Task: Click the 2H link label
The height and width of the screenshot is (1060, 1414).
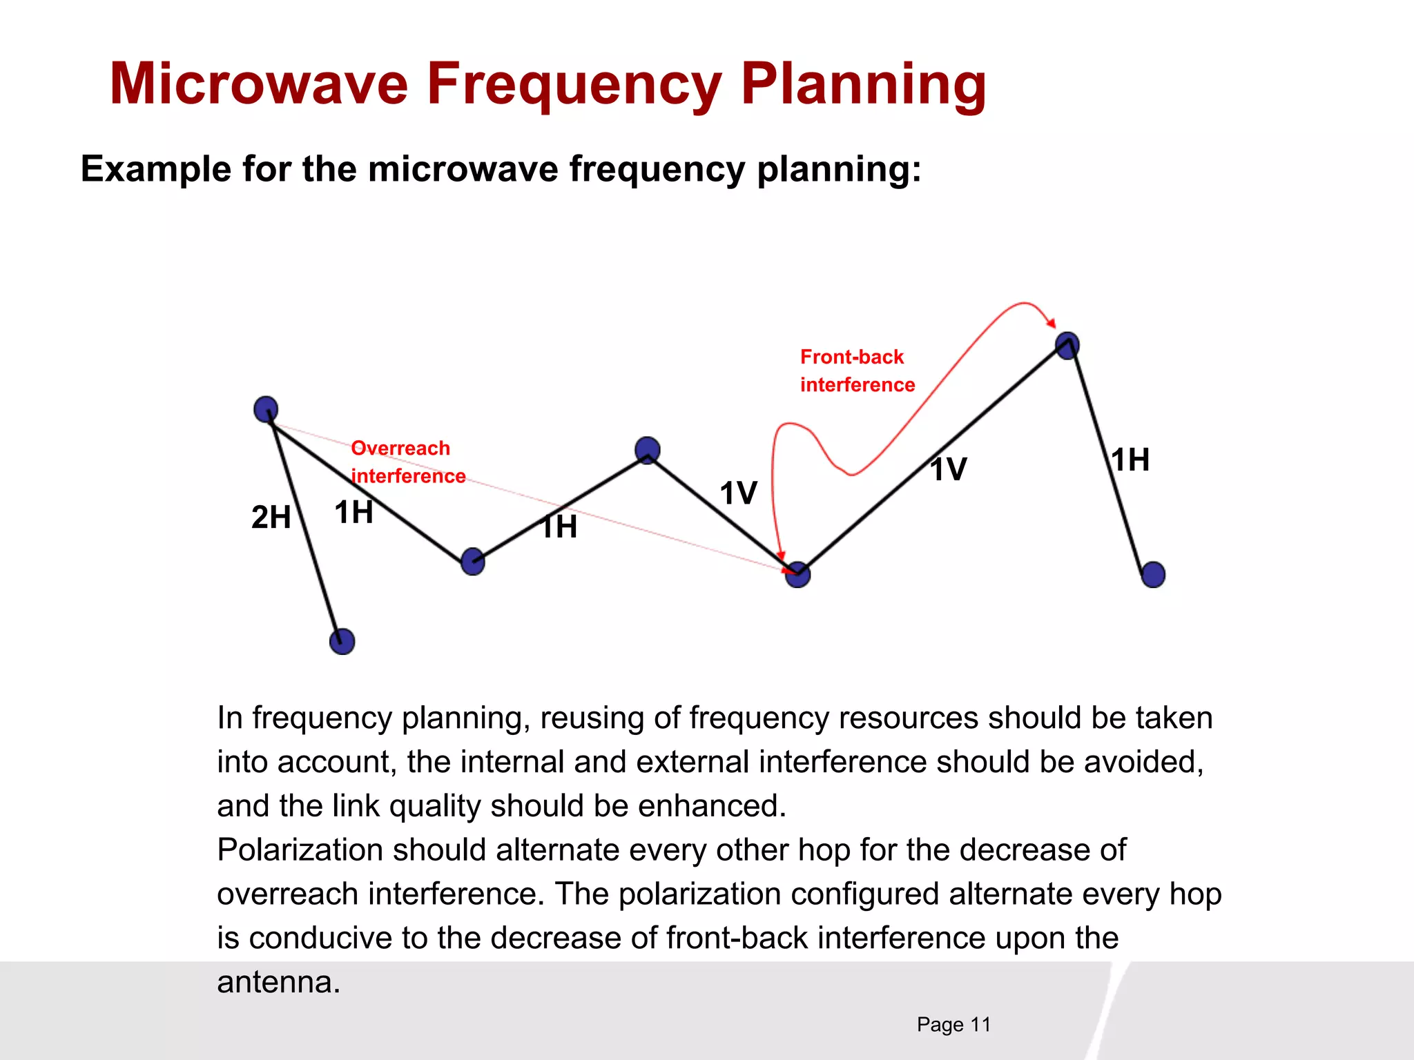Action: pyautogui.click(x=271, y=517)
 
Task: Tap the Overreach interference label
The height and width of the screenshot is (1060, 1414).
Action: pyautogui.click(x=407, y=462)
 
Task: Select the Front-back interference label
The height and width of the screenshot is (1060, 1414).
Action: pyautogui.click(x=857, y=371)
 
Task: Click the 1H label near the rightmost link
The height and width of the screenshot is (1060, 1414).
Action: pyautogui.click(x=1130, y=460)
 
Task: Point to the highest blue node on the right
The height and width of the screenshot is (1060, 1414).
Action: pyautogui.click(x=1067, y=345)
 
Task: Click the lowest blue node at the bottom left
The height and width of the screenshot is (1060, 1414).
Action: pyautogui.click(x=342, y=641)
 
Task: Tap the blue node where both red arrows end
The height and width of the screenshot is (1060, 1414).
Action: pyautogui.click(x=797, y=574)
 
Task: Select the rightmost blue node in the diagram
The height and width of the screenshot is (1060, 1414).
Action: pyautogui.click(x=1153, y=574)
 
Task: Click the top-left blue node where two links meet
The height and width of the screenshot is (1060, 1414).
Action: pyautogui.click(x=266, y=409)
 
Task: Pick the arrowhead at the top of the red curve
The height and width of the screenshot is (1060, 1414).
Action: pyautogui.click(x=1051, y=322)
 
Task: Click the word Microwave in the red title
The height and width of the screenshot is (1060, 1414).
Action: pyautogui.click(x=259, y=84)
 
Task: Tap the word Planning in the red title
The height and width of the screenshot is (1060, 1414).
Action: pyautogui.click(x=863, y=84)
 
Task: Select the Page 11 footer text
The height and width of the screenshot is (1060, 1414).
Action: pyautogui.click(x=953, y=1024)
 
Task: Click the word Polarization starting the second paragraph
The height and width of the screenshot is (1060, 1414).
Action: pyautogui.click(x=299, y=850)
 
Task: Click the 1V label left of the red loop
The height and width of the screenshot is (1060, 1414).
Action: pyautogui.click(x=738, y=493)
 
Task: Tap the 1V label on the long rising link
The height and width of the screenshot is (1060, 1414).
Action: pyautogui.click(x=948, y=470)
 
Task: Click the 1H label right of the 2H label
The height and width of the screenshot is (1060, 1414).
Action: pyautogui.click(x=353, y=513)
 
